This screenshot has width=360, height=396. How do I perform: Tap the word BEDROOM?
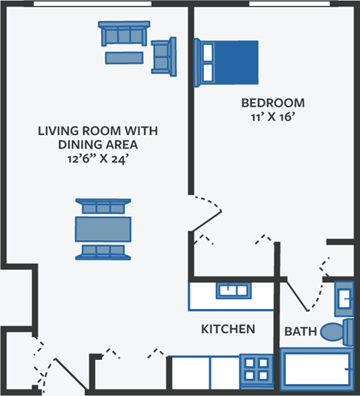coord(272,103)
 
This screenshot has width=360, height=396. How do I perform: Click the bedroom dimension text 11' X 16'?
coord(272,117)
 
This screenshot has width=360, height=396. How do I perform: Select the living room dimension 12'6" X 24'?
coord(98,159)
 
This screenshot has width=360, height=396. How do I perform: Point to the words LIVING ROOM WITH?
coord(98,130)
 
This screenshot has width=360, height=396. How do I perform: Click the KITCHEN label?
coord(228,329)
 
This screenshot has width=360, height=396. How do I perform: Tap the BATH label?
coord(299,331)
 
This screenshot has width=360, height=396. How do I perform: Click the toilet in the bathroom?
coord(337,331)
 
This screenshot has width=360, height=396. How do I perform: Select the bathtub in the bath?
coord(316,369)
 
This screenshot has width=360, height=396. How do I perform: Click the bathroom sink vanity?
coord(343,297)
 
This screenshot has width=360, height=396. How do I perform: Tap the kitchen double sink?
coord(233,290)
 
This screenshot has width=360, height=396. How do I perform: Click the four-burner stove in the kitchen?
coord(256,370)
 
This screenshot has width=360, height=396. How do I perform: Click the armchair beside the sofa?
coord(163,56)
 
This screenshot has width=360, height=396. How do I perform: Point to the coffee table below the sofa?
coord(124,58)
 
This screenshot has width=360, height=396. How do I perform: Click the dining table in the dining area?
coord(103,227)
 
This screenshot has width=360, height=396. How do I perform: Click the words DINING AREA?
coord(98,145)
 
